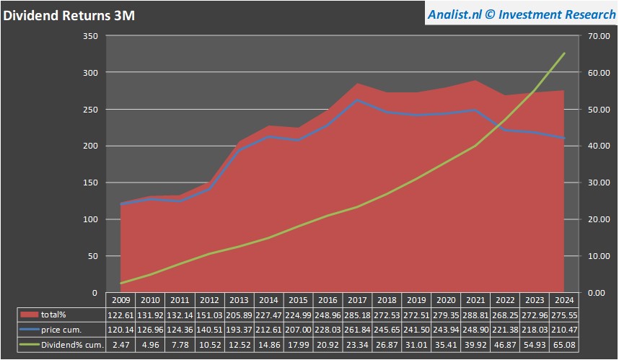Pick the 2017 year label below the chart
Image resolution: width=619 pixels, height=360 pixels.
(358, 299)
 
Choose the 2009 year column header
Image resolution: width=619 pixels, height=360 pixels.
(121, 299)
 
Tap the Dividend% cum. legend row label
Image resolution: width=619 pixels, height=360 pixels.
(73, 345)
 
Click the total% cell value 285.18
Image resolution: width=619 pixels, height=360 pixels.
(358, 315)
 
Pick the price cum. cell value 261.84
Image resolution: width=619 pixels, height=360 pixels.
(358, 330)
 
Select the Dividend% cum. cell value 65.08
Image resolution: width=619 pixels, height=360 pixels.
(565, 345)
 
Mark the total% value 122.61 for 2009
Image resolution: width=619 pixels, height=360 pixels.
(121, 315)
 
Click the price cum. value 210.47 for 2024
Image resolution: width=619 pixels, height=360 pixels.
(565, 330)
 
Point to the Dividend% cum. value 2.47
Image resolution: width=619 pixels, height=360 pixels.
(121, 345)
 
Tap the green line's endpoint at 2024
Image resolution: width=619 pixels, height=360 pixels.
(564, 53)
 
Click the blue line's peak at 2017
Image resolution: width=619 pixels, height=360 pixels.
(358, 100)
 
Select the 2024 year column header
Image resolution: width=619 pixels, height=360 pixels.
(565, 299)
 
